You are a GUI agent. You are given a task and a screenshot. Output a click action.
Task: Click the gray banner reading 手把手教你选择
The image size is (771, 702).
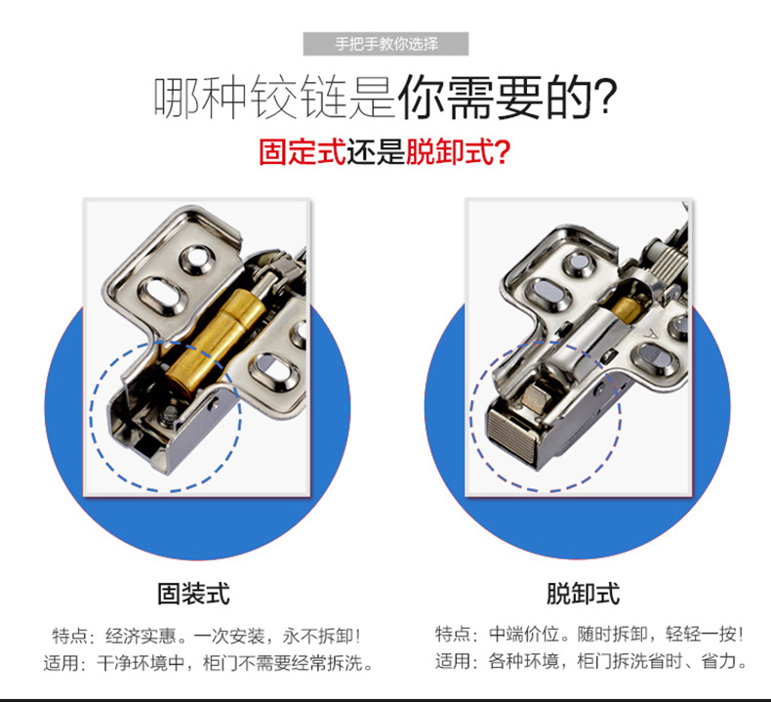pos(386,44)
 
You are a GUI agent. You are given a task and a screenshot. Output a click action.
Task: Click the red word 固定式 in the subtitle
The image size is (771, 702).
pos(302,152)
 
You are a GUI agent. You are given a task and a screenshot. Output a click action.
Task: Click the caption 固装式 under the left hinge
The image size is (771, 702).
pos(193,594)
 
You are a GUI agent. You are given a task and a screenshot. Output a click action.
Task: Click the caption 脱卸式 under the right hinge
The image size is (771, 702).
pos(582,594)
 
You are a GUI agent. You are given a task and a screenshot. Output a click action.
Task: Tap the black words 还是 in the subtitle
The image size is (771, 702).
pos(376,152)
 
